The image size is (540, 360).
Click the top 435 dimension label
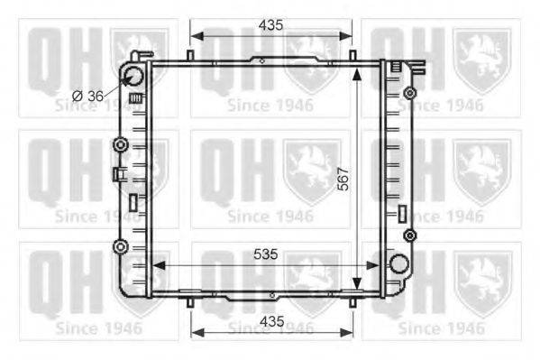[x=271, y=25]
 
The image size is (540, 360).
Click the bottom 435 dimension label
[x=272, y=321]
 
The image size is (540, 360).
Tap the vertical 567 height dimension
[x=343, y=179]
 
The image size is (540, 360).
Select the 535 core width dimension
[x=266, y=254]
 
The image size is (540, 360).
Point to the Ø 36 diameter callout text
[x=87, y=97]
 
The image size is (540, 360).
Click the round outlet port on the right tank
[x=399, y=263]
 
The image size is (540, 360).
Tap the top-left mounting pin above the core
[x=190, y=55]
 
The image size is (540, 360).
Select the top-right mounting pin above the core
[x=352, y=55]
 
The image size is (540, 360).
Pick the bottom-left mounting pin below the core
[x=190, y=302]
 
